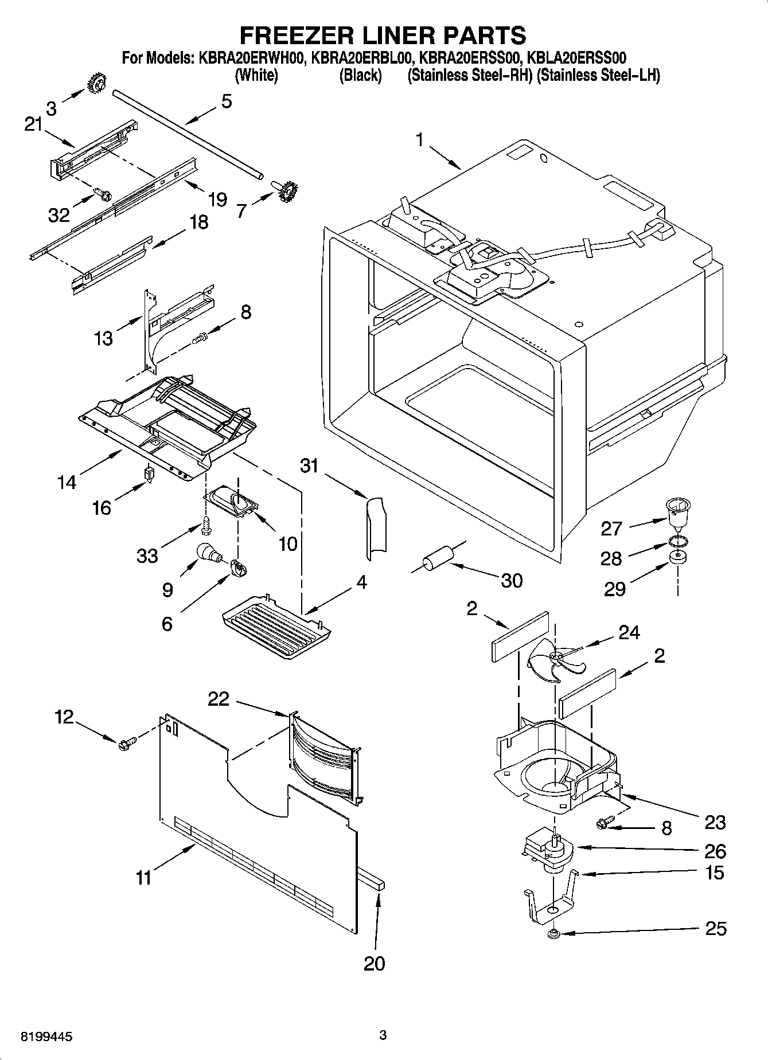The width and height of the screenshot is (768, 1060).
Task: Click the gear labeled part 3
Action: click(95, 84)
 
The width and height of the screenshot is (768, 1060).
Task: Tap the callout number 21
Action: click(34, 124)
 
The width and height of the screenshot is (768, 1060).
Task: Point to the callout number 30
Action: click(512, 580)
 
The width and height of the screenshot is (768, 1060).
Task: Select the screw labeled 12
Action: click(126, 744)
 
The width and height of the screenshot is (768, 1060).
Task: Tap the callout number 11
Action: click(144, 877)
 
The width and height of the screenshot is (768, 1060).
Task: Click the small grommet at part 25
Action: click(553, 934)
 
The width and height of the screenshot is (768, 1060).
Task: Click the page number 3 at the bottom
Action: click(383, 1035)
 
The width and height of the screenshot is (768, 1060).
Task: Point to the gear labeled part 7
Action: click(286, 190)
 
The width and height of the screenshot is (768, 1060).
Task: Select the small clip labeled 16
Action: click(150, 474)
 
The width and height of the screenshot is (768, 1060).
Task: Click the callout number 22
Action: click(219, 699)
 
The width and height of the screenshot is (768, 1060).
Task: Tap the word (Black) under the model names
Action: click(360, 75)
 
